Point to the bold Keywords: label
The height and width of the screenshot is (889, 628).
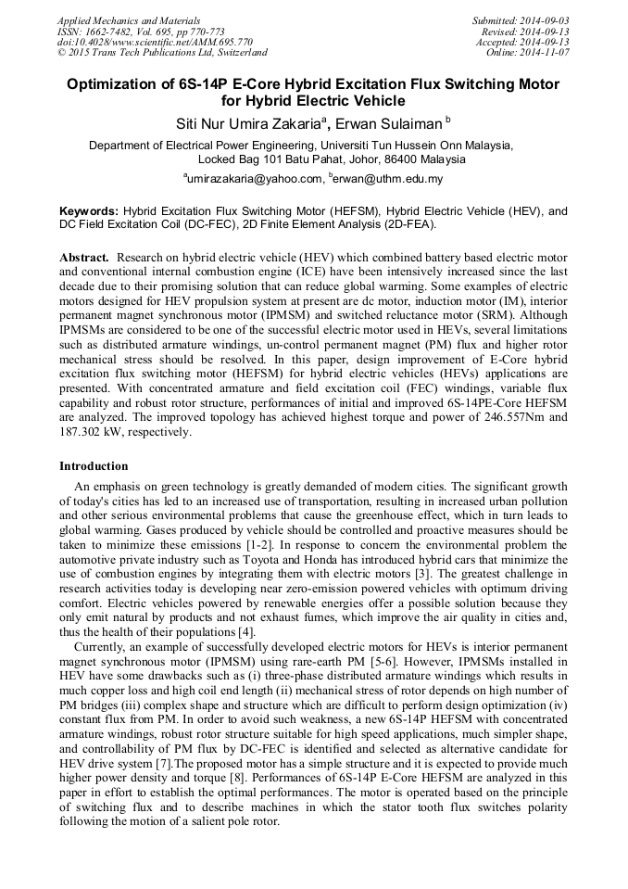tap(89, 211)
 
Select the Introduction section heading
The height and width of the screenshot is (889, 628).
tap(94, 465)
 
